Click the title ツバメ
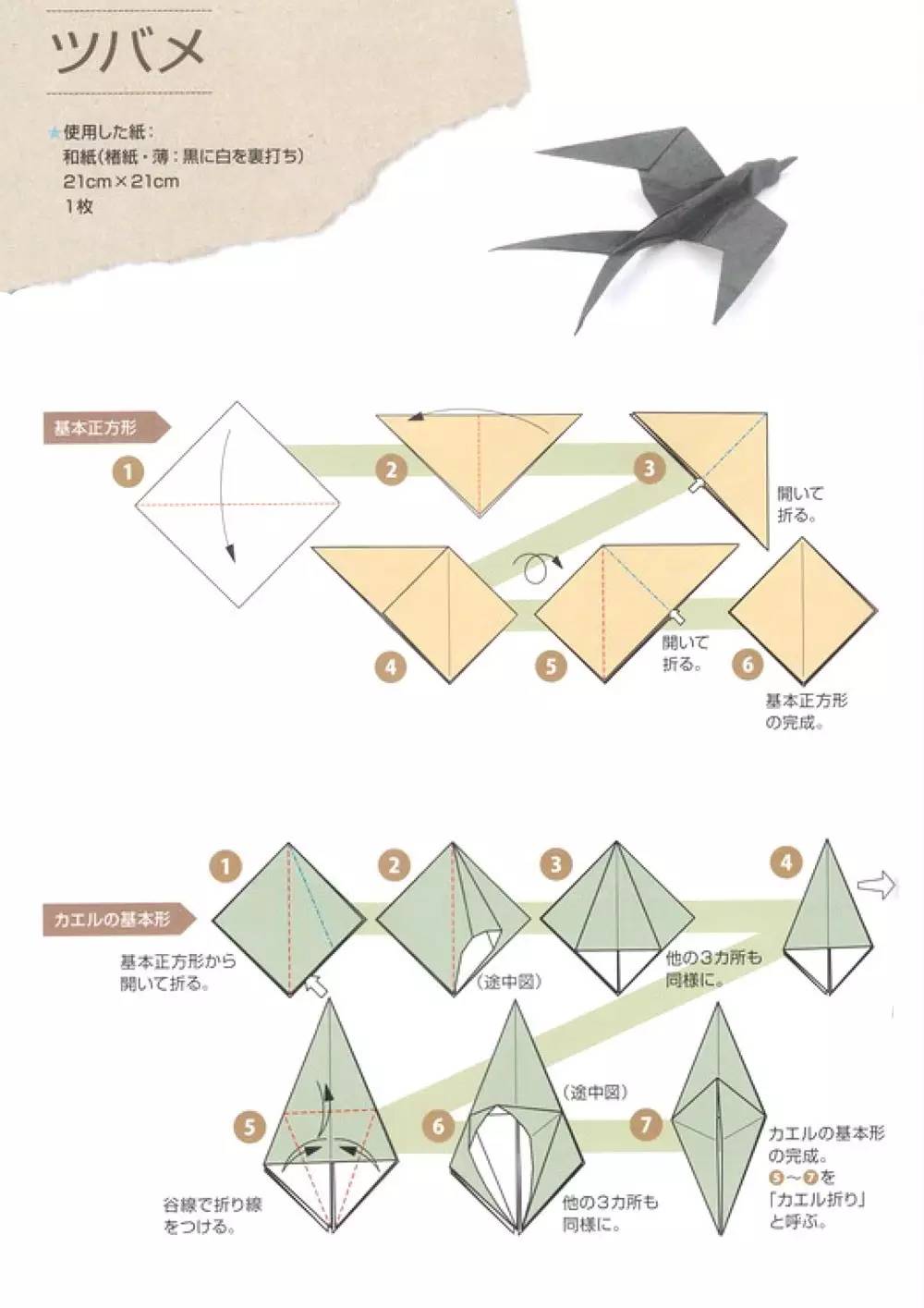tap(128, 52)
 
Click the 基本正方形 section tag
tap(106, 428)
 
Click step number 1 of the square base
tap(128, 471)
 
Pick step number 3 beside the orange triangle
tap(649, 468)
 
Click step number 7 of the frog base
tap(645, 1124)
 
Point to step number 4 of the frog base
tap(786, 862)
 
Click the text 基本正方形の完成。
tap(806, 712)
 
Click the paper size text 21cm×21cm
tap(121, 181)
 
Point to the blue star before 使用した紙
tap(55, 133)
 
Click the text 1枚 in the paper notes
tap(79, 206)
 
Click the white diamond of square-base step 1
tap(237, 504)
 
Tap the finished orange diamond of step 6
tap(803, 611)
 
